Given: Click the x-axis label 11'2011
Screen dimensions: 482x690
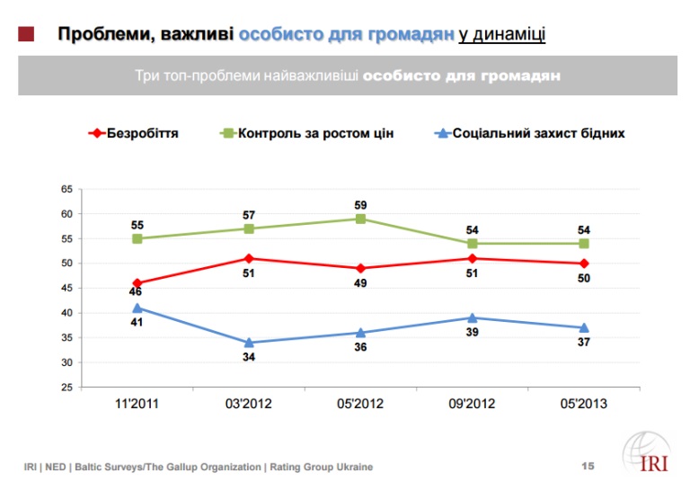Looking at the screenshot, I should click(137, 404).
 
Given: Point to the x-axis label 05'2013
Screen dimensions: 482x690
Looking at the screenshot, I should click(583, 404).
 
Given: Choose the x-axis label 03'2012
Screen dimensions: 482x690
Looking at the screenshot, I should click(249, 404).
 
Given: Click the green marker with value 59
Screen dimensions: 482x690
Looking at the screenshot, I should click(360, 219).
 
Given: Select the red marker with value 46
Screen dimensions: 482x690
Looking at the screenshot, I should click(137, 283).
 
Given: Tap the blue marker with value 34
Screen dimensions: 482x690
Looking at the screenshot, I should click(249, 343).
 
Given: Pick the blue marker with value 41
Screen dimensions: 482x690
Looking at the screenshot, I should click(137, 308).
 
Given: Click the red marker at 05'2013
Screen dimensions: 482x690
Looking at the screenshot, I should click(583, 263).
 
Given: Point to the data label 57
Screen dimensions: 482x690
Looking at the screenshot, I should click(249, 216).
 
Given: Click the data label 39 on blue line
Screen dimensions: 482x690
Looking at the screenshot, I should click(472, 332).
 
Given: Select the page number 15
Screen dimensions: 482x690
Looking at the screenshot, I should click(588, 466).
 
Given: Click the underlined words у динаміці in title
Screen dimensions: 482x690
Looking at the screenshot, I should click(501, 35).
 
